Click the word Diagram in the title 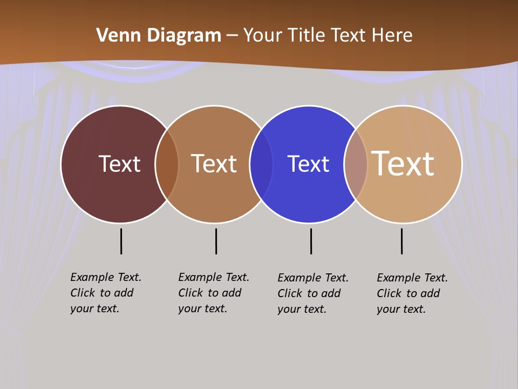tap(183, 36)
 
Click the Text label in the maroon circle tap(119, 164)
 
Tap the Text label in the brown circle tap(214, 164)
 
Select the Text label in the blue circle tap(308, 164)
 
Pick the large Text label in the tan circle tap(403, 163)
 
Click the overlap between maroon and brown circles tap(167, 164)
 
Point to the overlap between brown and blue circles tap(261, 164)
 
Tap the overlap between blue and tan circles tap(356, 164)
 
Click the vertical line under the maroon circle tap(121, 241)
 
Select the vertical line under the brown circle tap(216, 241)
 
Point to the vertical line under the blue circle tap(311, 241)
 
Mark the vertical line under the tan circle tap(401, 241)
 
